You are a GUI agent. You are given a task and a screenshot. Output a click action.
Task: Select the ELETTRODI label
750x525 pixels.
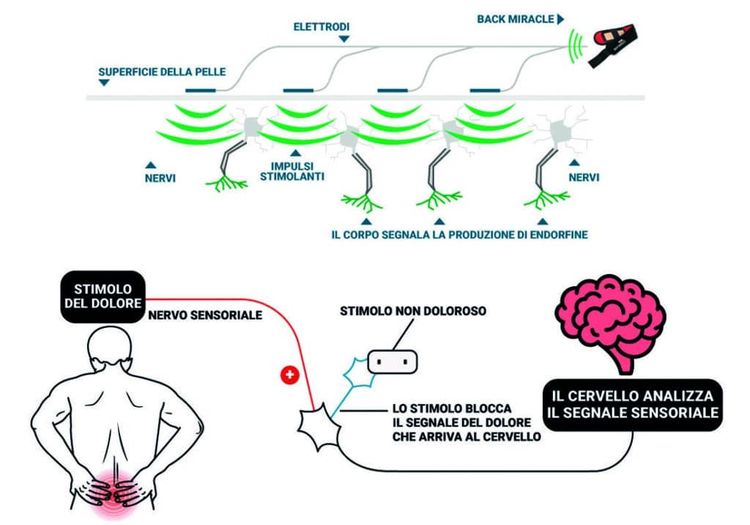tap(321, 26)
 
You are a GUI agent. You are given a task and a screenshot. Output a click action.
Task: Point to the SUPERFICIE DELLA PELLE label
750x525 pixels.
tap(162, 72)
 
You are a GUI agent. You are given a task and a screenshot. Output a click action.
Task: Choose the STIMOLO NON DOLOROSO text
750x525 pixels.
tap(413, 311)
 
